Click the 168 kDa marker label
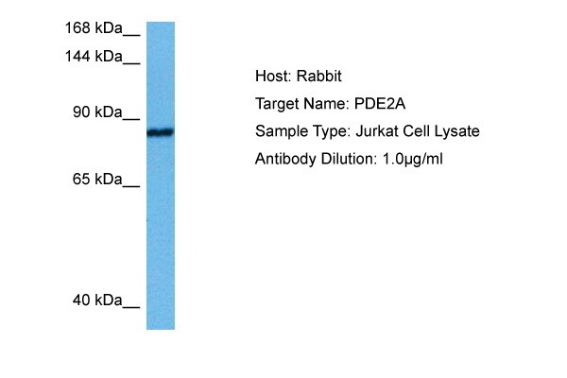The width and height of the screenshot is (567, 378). click(x=94, y=27)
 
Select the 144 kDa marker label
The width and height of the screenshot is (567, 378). click(x=94, y=57)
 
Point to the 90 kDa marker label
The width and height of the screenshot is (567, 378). click(x=97, y=112)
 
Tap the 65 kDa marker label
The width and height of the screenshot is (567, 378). click(x=97, y=179)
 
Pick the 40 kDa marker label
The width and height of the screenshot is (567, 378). click(x=97, y=301)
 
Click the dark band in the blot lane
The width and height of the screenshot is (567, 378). click(x=161, y=132)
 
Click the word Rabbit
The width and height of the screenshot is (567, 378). click(x=319, y=76)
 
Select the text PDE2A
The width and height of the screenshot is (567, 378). click(x=380, y=104)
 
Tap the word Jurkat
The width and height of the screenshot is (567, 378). click(x=377, y=131)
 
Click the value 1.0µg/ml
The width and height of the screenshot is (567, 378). click(x=413, y=159)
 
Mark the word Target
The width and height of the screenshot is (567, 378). click(x=277, y=104)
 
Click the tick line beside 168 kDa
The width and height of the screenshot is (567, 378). click(x=131, y=36)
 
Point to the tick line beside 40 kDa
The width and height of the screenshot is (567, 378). click(x=131, y=308)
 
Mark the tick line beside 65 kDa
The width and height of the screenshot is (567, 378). click(x=131, y=187)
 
